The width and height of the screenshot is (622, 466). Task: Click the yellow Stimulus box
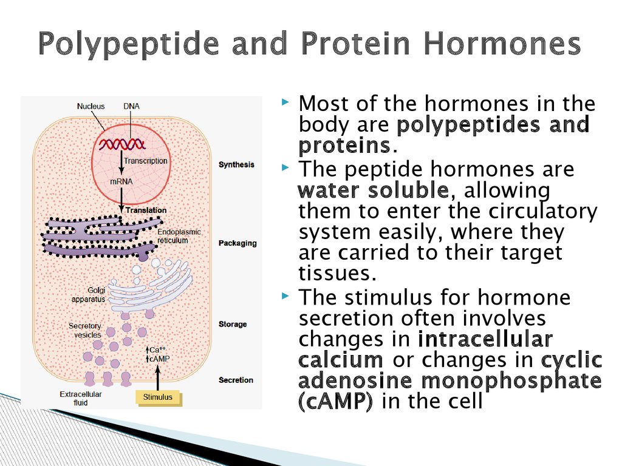click(159, 397)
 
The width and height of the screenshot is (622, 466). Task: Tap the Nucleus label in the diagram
click(91, 106)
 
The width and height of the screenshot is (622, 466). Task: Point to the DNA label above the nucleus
click(131, 106)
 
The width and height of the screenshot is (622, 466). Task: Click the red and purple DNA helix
click(122, 144)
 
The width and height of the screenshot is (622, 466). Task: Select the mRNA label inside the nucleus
click(121, 181)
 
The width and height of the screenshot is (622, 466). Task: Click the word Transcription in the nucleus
click(146, 161)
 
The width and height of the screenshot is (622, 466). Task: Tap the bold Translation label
click(146, 211)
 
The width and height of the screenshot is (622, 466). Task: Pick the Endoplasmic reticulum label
click(179, 236)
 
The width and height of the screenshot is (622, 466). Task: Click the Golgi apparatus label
click(89, 294)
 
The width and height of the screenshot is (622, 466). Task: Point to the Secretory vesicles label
click(85, 331)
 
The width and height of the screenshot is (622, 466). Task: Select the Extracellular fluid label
click(81, 399)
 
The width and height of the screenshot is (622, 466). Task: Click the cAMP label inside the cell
click(160, 359)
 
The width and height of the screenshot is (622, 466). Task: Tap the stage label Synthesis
click(236, 165)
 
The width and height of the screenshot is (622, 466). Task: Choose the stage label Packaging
click(238, 243)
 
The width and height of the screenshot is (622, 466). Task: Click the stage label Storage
click(233, 324)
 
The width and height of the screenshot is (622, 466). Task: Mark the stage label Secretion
click(236, 380)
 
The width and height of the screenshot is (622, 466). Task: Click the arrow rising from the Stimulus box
click(157, 378)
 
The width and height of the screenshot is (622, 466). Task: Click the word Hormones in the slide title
click(502, 43)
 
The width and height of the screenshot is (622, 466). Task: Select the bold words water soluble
click(374, 190)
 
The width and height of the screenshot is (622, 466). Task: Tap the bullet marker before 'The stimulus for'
click(285, 295)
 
